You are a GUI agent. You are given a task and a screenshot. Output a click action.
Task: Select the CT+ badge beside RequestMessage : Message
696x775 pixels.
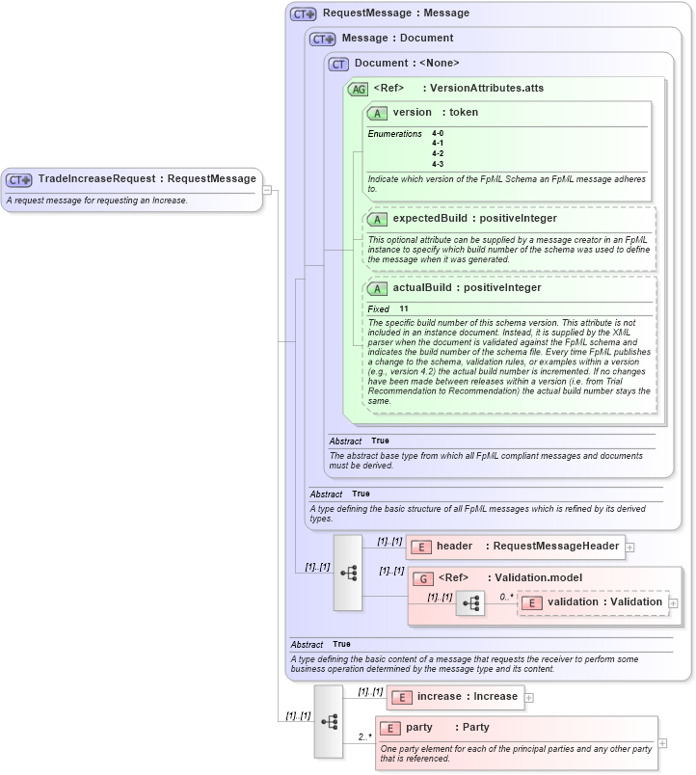pos(304,13)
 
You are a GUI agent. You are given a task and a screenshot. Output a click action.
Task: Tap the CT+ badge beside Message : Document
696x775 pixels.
pos(323,39)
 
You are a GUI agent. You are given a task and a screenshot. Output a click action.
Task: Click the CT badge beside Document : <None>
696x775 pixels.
pos(337,64)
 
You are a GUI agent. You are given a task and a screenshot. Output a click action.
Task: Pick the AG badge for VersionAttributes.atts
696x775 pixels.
pos(358,89)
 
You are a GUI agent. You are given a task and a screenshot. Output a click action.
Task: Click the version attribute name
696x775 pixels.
pos(412,113)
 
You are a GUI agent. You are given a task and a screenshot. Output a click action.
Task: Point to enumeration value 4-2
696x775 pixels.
pos(438,153)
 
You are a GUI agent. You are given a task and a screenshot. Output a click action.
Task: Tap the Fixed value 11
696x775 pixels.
pos(404,308)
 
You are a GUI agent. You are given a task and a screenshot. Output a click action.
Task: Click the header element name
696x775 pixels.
pos(454,547)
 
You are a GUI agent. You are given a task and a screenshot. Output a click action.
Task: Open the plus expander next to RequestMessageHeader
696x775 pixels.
pos(629,547)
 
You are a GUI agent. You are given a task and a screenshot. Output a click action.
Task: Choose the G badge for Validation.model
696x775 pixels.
pos(422,578)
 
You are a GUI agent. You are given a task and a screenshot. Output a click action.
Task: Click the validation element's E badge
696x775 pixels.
pos(531,602)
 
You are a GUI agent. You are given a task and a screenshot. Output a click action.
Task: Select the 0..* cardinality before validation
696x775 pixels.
pos(505,597)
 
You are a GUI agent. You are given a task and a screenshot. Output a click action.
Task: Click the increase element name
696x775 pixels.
pos(439,697)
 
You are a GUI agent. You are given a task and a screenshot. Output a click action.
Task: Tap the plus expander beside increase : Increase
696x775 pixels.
pos(529,697)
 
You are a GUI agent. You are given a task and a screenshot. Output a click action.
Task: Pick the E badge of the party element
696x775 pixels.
pos(390,728)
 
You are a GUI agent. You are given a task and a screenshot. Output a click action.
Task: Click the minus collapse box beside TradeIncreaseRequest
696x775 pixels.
pos(267,189)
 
